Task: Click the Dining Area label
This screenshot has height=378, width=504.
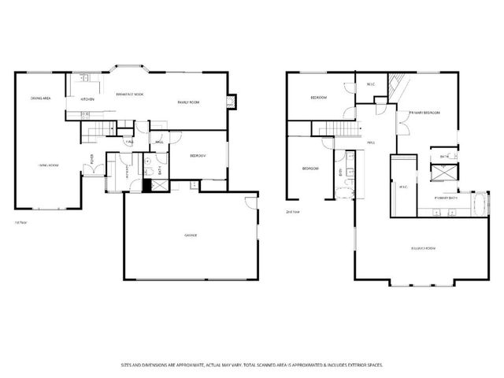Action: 40,98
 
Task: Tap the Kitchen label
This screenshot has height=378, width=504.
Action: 87,99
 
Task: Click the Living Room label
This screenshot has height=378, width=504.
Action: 49,165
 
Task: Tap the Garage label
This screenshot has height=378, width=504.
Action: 191,235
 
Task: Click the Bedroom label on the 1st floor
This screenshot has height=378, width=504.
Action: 197,156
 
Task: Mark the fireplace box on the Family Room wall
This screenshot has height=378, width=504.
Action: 231,101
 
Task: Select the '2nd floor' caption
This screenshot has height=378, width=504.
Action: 292,212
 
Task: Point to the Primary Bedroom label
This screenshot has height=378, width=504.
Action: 423,113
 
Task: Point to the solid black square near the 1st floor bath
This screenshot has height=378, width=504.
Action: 146,186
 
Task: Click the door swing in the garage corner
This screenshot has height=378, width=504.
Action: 250,202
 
